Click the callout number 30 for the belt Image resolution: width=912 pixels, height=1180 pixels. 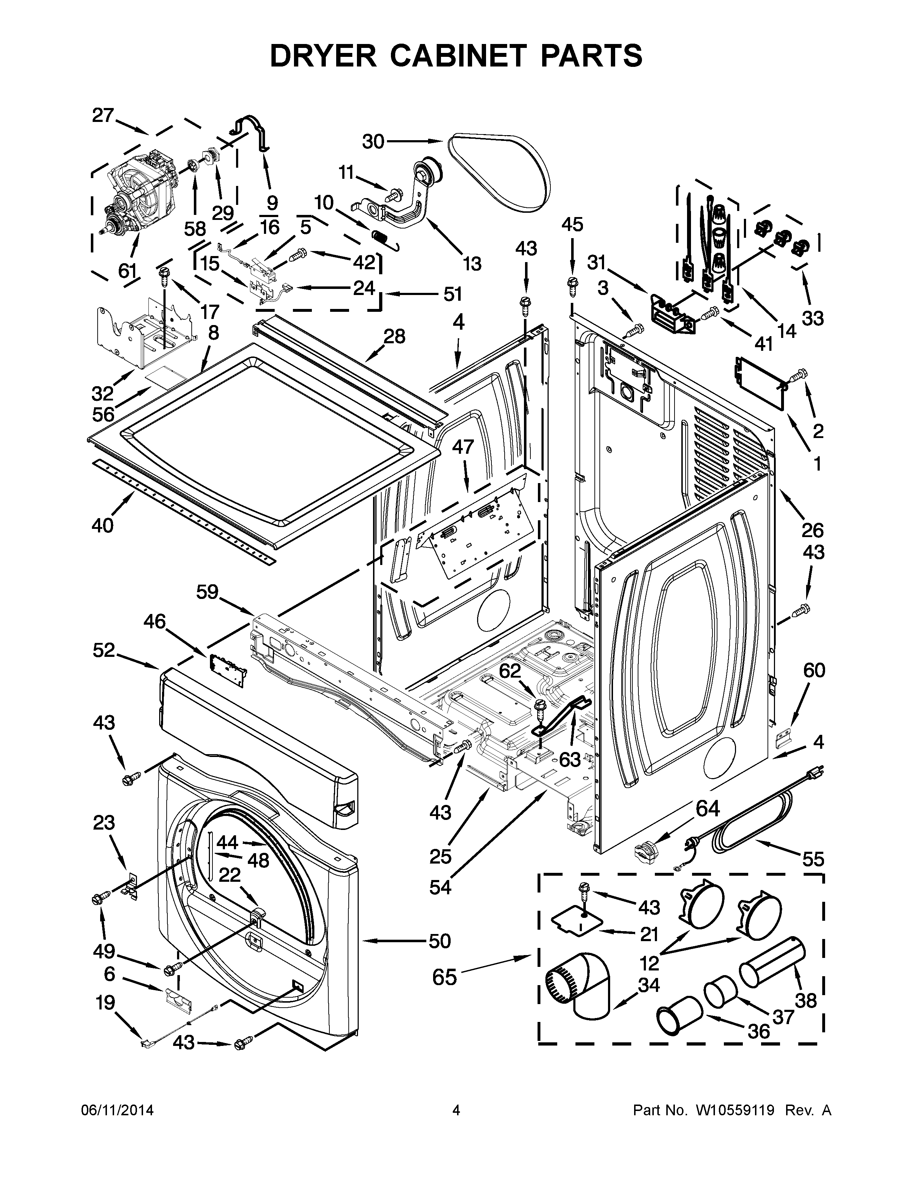click(373, 142)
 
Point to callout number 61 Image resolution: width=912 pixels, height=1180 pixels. click(128, 270)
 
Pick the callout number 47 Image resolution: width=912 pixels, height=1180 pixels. click(462, 447)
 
